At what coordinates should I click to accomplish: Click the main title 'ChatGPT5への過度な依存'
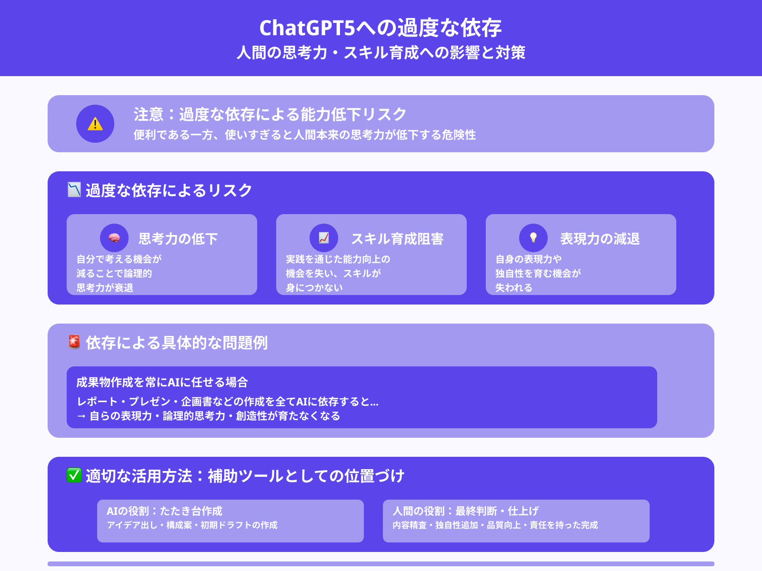click(381, 28)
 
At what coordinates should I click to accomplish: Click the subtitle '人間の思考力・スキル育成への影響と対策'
click(381, 52)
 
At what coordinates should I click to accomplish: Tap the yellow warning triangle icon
click(95, 124)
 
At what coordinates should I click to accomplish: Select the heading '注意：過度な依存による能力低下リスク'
click(270, 114)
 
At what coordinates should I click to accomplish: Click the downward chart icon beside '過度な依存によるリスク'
click(74, 189)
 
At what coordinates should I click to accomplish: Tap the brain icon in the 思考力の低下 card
click(114, 238)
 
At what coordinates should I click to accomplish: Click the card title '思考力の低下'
click(178, 238)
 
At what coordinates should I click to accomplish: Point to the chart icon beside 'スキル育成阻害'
click(324, 238)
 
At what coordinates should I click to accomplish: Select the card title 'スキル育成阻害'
click(397, 238)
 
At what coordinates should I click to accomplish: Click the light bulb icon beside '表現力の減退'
click(533, 238)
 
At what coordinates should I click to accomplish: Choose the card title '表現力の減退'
click(600, 238)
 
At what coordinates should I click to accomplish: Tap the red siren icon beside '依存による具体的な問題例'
click(74, 342)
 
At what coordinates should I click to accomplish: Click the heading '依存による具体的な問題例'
click(177, 343)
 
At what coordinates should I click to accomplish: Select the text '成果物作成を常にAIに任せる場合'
click(162, 382)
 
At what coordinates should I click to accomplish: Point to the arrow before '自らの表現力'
click(81, 416)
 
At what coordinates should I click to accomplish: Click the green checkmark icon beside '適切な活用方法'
click(74, 475)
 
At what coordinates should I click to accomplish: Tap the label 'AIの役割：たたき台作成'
click(164, 511)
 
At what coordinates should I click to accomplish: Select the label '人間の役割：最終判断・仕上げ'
click(465, 511)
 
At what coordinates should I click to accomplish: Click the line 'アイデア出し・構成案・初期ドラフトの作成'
click(192, 525)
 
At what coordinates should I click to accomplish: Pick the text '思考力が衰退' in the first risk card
click(105, 287)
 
